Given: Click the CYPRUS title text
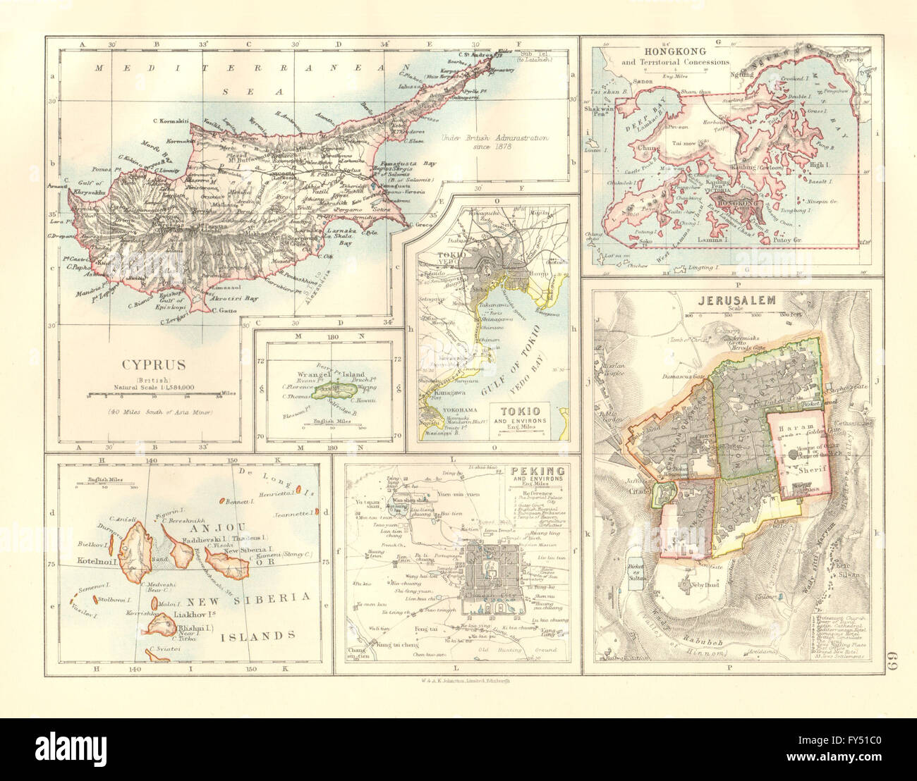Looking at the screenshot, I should pyautogui.click(x=154, y=364).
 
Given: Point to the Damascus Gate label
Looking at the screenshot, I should pyautogui.click(x=678, y=377).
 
